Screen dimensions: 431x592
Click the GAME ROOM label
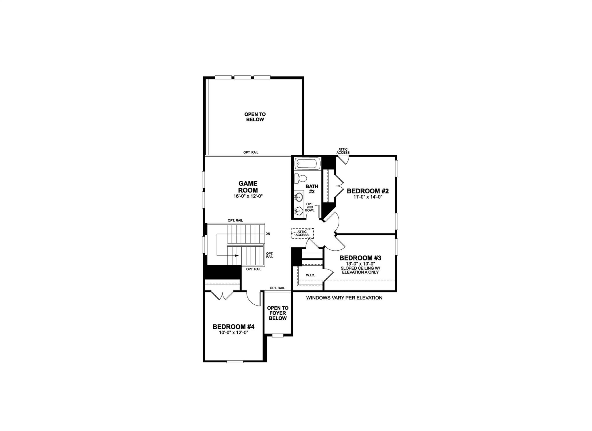(248, 187)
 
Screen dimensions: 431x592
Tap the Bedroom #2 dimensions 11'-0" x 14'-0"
(368, 197)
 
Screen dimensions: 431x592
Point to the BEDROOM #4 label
(233, 327)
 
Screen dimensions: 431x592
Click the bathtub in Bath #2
(308, 164)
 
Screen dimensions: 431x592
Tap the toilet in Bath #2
(302, 178)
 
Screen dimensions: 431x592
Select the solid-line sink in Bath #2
(299, 197)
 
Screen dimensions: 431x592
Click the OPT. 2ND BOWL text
(310, 207)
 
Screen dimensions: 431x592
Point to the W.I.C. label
(310, 275)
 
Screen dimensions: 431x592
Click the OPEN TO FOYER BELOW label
(277, 313)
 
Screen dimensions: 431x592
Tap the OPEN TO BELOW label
(255, 117)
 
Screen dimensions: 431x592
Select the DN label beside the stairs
(268, 234)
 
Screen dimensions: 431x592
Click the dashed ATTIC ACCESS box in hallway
(302, 233)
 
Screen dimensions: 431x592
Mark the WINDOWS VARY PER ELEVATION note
(344, 298)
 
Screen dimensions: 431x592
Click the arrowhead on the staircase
(237, 256)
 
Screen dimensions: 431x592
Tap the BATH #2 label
(312, 189)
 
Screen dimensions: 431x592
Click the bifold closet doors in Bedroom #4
(222, 295)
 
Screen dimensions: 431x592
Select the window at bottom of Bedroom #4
(235, 362)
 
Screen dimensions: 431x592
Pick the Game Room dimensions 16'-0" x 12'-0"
(248, 196)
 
